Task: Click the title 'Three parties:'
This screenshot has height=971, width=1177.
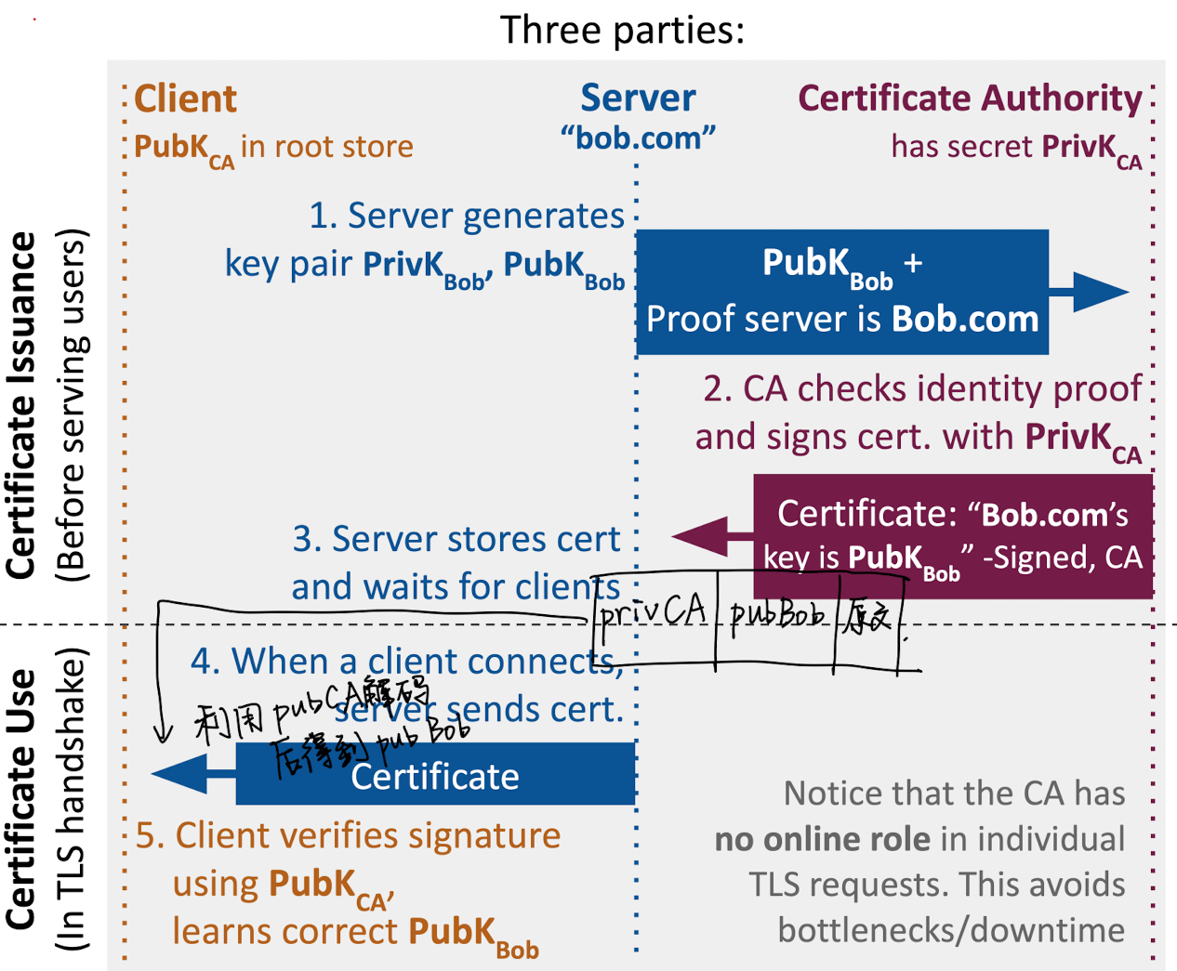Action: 622,30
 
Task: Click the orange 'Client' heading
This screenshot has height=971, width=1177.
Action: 186,98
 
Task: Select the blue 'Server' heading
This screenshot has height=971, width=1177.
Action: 638,98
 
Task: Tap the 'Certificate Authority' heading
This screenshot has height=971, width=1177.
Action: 970,98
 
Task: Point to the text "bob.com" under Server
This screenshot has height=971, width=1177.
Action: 638,138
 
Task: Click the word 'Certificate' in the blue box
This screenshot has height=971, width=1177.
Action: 434,777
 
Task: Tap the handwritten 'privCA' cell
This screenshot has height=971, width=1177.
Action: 654,614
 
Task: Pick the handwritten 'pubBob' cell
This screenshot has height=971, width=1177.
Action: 776,614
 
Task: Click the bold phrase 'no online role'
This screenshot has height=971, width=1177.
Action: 823,839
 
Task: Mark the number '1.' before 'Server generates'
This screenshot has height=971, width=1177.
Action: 323,216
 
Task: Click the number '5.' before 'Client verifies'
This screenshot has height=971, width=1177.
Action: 150,835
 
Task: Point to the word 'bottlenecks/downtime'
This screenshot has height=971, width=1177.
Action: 951,930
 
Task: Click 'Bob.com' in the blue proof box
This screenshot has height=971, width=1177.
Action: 964,319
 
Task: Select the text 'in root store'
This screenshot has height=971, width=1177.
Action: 326,147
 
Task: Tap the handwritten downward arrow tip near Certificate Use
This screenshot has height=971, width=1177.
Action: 164,739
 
